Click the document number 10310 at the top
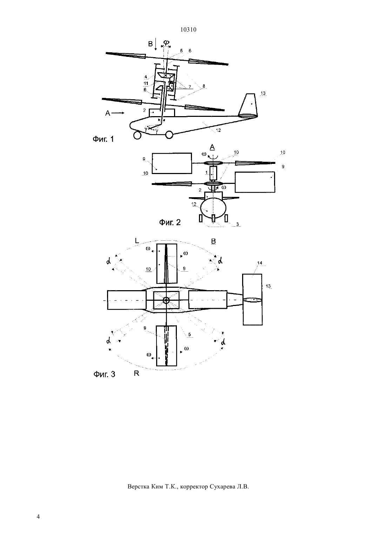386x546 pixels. point(188,29)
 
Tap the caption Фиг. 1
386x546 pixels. point(103,139)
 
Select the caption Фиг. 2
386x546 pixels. point(170,222)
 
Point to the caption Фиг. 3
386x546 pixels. point(104,374)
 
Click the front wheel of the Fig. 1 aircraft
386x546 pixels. point(138,135)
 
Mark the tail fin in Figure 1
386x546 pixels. point(248,105)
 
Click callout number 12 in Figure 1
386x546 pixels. point(218,131)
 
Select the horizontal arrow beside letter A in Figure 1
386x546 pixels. point(119,113)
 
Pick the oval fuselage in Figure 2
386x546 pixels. point(213,208)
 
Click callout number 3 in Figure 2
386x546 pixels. point(238,224)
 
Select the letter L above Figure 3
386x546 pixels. point(137,241)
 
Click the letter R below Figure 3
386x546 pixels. point(137,373)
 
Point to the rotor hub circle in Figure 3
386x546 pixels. point(166,300)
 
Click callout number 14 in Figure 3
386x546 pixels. point(260,263)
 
